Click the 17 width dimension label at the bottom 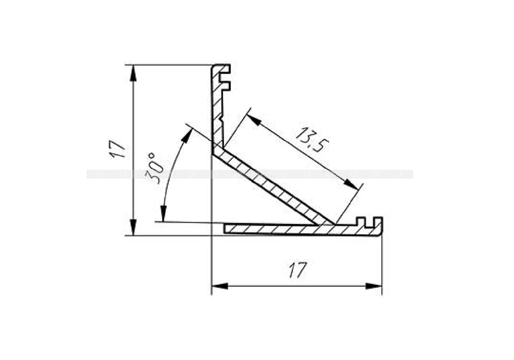point(297,269)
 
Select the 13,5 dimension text point(309,139)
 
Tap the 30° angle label point(155,168)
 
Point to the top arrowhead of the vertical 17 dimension point(133,72)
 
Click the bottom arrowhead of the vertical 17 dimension point(133,228)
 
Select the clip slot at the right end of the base point(369,222)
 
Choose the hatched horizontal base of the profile point(288,229)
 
